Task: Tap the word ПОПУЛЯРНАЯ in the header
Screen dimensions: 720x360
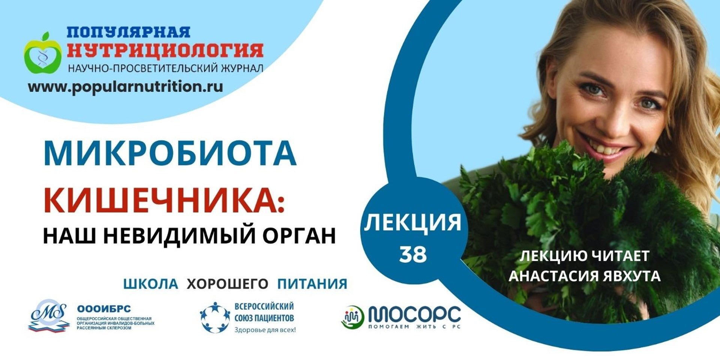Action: tap(129, 32)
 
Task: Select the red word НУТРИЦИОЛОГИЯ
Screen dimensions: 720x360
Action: tap(165, 51)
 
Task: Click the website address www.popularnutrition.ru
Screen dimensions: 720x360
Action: tap(126, 87)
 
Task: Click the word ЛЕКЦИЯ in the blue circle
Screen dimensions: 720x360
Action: tap(412, 222)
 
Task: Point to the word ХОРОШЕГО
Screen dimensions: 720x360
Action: tap(227, 284)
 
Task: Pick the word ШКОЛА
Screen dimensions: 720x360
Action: tap(151, 284)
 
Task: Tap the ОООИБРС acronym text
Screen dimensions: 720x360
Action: tap(104, 309)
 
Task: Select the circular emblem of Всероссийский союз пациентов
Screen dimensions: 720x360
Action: tap(214, 317)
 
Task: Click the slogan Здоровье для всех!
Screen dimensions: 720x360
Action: tap(265, 330)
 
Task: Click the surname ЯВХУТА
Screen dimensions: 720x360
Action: tap(632, 276)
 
